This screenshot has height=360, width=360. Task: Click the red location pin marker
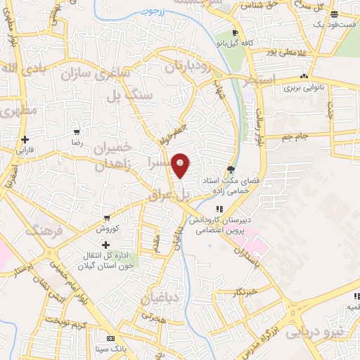(x=181, y=164)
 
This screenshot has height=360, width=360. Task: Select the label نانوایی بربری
(x=303, y=89)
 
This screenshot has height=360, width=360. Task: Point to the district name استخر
(x=258, y=81)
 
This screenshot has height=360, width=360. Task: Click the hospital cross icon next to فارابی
(x=25, y=139)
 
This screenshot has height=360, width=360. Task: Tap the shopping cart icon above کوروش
(x=106, y=218)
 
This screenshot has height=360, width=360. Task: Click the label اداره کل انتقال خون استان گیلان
(x=106, y=257)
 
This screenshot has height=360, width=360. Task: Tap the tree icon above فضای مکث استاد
(x=231, y=169)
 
